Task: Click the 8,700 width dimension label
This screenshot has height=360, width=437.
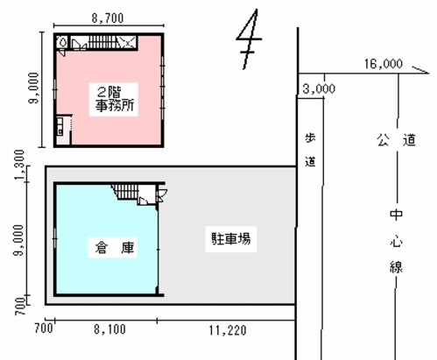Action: click(108, 18)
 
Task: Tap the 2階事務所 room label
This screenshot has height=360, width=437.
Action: click(114, 99)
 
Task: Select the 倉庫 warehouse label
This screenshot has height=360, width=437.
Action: click(114, 248)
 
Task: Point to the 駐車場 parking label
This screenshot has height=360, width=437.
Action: click(231, 238)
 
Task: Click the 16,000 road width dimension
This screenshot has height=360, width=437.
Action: click(384, 64)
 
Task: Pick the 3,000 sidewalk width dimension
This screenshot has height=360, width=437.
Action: click(319, 88)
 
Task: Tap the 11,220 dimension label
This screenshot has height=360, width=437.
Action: click(228, 330)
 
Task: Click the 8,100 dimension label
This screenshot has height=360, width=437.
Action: click(109, 329)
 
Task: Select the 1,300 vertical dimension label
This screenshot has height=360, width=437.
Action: click(20, 165)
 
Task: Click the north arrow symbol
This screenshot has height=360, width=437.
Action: click(249, 39)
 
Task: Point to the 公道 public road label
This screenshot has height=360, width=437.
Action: click(396, 140)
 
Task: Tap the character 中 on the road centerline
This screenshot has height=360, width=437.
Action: click(396, 215)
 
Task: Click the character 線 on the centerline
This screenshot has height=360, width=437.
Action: click(396, 266)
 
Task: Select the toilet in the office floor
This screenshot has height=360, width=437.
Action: click(62, 42)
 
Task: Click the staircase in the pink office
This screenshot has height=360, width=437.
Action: click(102, 42)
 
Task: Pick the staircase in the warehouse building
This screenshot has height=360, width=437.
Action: click(126, 192)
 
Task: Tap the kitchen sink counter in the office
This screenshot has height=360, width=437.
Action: click(60, 125)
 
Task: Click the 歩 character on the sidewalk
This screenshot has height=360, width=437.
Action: click(310, 138)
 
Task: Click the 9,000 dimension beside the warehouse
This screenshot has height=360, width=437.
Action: click(19, 240)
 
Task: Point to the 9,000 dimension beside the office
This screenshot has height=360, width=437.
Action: click(34, 88)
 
